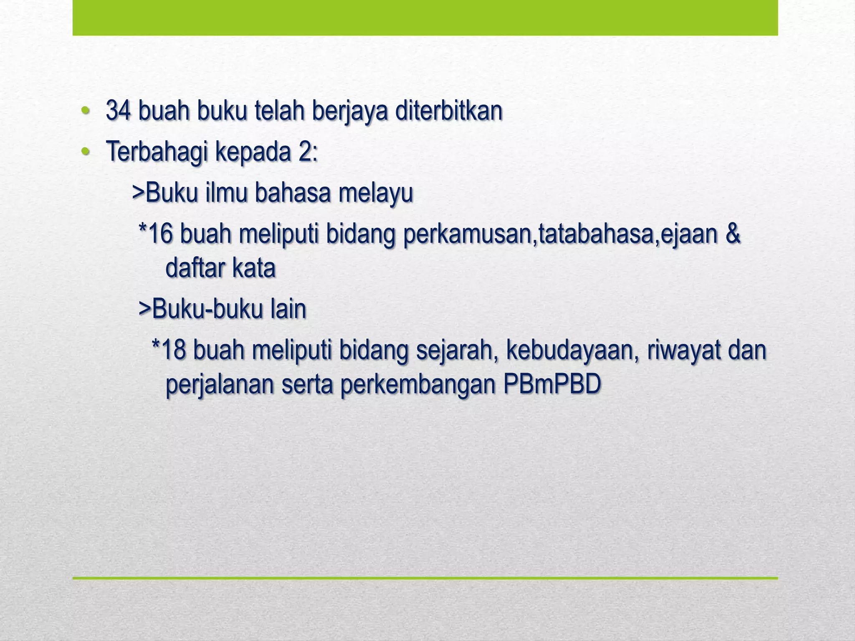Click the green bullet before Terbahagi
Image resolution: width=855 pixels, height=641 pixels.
[85, 152]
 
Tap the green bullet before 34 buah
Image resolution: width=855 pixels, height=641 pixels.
[85, 111]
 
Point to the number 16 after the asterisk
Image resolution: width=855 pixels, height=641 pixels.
[160, 234]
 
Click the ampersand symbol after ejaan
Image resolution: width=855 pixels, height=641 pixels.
[733, 234]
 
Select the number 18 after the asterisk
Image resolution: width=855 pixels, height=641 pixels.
[173, 350]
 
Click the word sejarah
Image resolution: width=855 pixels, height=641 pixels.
[455, 351]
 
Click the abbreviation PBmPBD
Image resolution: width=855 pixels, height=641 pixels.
[551, 384]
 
